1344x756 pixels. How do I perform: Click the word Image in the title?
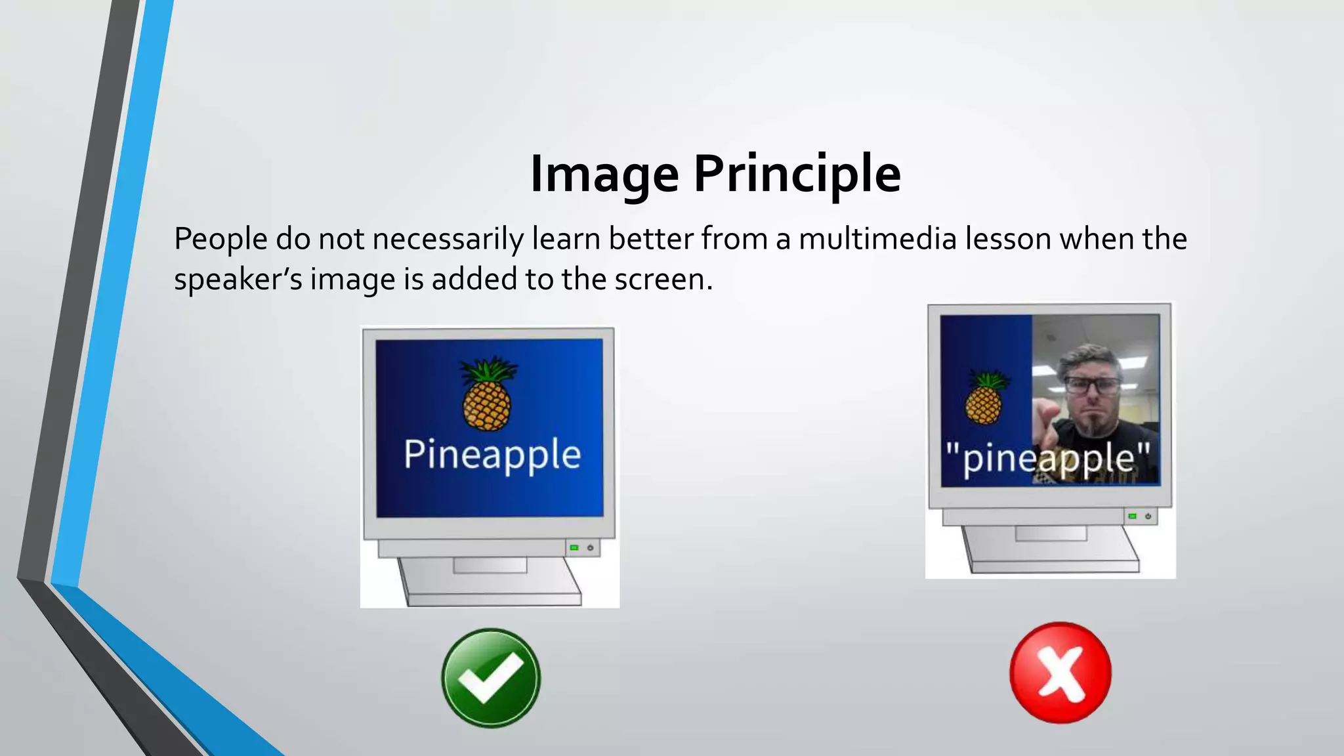click(604, 174)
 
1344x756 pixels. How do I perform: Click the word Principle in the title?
click(797, 174)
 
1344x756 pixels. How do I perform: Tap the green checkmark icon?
click(491, 678)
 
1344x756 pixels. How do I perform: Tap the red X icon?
click(1060, 673)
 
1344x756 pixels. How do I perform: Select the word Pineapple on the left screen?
click(492, 454)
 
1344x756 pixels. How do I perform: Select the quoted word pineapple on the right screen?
click(1048, 458)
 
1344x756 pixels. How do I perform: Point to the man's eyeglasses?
click(1092, 385)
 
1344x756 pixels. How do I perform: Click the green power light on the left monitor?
click(574, 547)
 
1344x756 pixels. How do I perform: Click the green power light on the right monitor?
click(1132, 516)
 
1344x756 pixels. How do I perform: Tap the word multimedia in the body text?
click(877, 239)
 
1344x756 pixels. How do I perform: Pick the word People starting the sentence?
click(220, 239)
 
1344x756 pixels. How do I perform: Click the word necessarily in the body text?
click(448, 239)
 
